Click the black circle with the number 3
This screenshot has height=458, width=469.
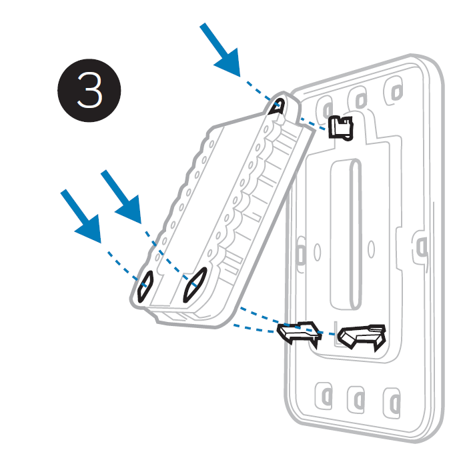89,90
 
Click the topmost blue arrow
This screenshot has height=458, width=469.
221,51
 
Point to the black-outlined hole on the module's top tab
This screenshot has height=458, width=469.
277,107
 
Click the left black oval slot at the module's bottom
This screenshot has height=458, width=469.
145,287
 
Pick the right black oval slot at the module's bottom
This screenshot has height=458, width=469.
195,285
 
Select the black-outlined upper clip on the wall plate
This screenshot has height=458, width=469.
341,128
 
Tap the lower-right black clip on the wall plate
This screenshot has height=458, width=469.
362,336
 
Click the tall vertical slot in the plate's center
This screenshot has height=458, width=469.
346,234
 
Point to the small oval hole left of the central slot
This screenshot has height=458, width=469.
318,251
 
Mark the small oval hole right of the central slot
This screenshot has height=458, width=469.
371,249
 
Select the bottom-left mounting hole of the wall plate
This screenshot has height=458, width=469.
324,396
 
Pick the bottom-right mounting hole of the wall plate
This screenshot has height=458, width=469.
392,403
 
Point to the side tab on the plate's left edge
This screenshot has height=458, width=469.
300,254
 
